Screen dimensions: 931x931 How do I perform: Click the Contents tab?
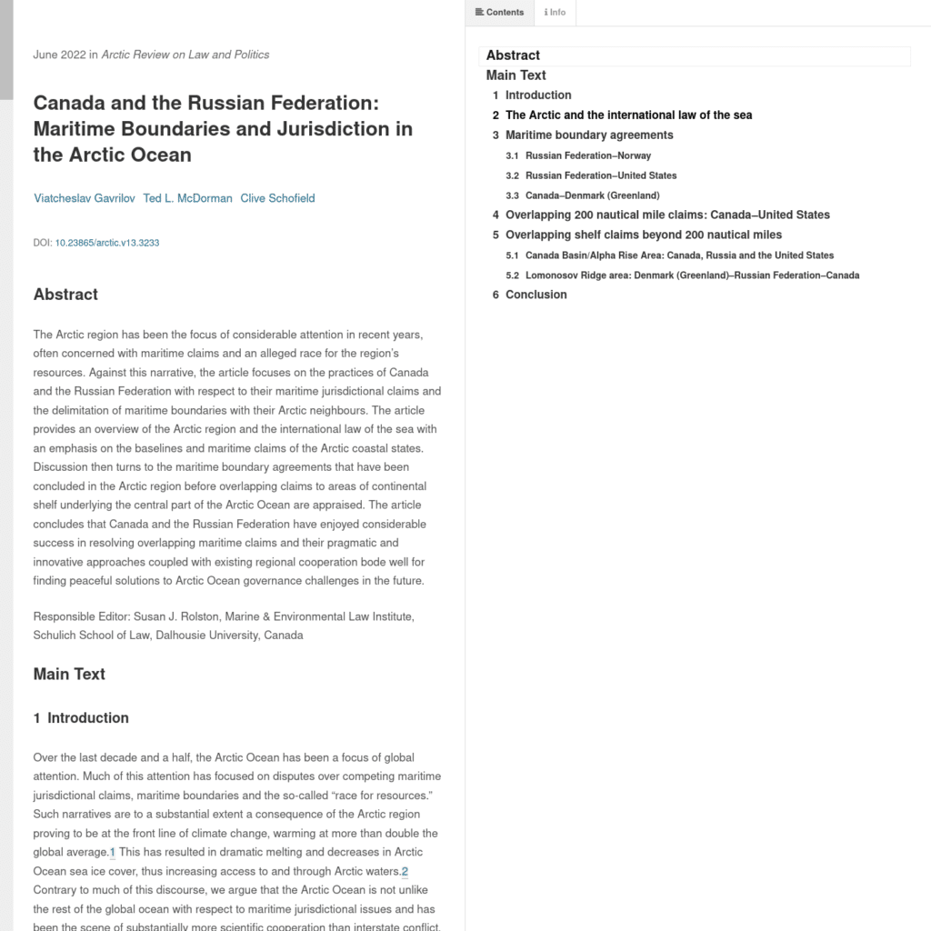[500, 13]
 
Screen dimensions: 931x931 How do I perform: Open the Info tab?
[555, 13]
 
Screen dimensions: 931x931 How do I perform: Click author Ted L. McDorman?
[187, 198]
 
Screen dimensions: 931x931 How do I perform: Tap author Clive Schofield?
[277, 198]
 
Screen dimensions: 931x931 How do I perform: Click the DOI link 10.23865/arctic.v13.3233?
[107, 243]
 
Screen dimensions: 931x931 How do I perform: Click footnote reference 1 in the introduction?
[113, 853]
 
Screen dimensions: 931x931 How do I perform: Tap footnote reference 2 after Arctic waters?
[405, 872]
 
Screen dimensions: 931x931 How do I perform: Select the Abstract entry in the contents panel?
[513, 55]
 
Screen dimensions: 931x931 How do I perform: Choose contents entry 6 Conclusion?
[536, 295]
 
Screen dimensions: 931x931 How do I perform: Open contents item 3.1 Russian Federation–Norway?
[587, 155]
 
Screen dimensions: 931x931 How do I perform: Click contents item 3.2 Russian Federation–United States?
[600, 175]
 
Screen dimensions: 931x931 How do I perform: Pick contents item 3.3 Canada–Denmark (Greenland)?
[592, 195]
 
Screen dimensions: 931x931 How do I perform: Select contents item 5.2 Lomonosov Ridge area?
[691, 275]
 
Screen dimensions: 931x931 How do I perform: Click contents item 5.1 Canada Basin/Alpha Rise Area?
[678, 255]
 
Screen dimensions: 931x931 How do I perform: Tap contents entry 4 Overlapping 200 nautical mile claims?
[666, 215]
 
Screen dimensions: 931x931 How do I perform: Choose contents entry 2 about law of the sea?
[628, 115]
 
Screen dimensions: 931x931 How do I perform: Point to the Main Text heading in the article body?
[69, 674]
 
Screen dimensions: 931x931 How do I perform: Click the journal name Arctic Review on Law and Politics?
[185, 55]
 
